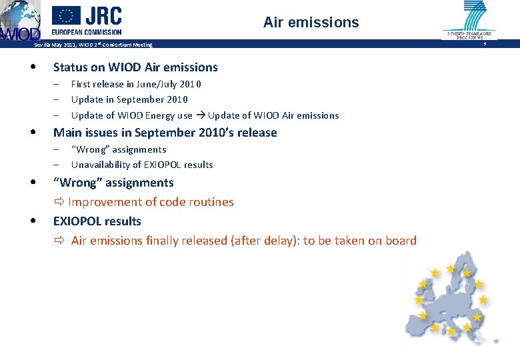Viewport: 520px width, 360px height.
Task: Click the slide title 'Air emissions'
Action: [x=311, y=23]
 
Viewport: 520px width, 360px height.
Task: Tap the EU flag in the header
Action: [x=66, y=15]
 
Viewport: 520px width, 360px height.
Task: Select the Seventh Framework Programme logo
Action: [x=469, y=20]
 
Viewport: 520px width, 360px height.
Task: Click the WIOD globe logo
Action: [x=19, y=21]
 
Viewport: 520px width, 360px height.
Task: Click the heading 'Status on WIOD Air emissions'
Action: [x=135, y=67]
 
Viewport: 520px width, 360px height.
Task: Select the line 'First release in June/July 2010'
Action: [x=136, y=84]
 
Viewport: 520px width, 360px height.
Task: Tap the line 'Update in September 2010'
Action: [x=129, y=99]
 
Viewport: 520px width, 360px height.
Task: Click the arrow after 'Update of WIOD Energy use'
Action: [x=200, y=115]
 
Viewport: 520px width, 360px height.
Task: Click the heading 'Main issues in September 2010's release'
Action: [x=165, y=133]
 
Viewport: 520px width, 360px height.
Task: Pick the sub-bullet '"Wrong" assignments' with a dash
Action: [x=119, y=149]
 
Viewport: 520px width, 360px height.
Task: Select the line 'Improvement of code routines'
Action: [x=151, y=202]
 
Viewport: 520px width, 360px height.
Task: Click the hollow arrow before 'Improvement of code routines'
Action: [x=59, y=202]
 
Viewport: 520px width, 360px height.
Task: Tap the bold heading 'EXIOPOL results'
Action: [x=97, y=221]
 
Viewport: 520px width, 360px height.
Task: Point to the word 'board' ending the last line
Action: [x=401, y=241]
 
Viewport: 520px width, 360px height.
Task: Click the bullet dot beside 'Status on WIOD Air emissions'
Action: [x=32, y=67]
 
